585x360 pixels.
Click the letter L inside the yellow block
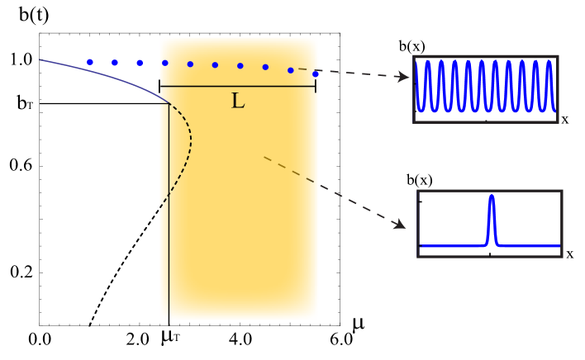click(237, 102)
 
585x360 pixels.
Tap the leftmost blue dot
click(90, 62)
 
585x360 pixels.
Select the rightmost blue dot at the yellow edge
click(316, 73)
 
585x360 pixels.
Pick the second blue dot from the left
click(115, 62)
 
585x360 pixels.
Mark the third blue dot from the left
click(140, 63)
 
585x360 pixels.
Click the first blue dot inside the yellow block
click(165, 63)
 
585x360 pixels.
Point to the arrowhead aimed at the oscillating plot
click(403, 77)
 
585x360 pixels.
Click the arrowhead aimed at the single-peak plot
click(400, 224)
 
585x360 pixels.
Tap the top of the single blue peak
click(491, 197)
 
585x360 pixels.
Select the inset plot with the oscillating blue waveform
click(486, 89)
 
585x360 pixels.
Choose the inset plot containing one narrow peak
click(490, 224)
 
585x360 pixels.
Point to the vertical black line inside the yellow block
click(169, 215)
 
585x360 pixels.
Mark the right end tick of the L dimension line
click(316, 86)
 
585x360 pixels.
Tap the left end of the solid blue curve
click(40, 59)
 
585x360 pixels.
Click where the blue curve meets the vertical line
click(169, 102)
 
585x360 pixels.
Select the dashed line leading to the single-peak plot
click(331, 189)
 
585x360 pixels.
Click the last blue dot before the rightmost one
click(290, 70)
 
